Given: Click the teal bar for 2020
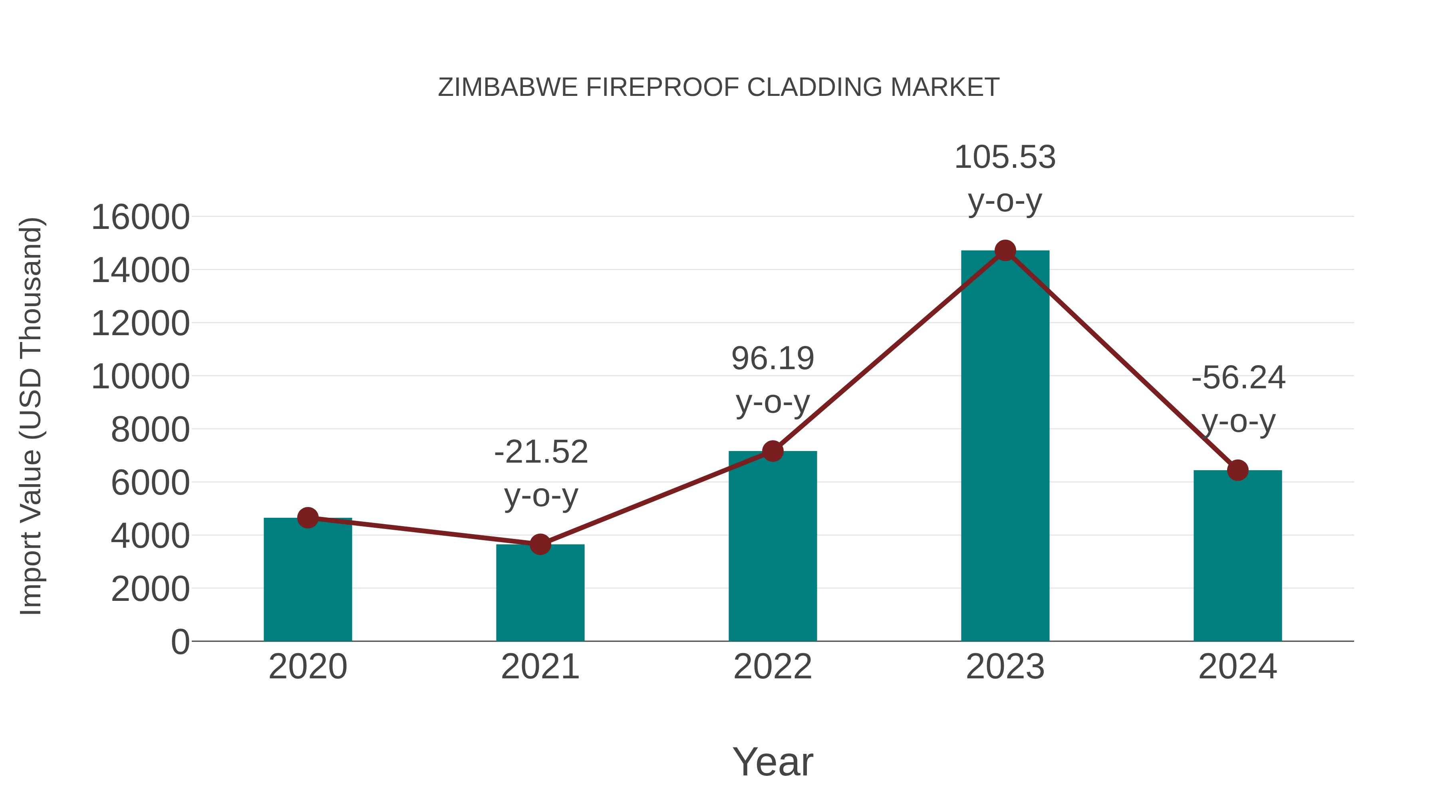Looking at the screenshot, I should (308, 580).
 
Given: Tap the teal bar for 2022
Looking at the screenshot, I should (773, 547).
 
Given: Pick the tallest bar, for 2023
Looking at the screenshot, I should (1005, 447).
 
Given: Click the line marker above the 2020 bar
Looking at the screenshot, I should (308, 518).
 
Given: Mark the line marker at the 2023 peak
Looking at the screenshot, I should (1005, 250).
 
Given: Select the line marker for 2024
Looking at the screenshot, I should (1237, 470).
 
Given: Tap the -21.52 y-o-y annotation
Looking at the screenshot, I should (541, 473).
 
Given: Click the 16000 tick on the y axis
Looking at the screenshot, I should (140, 217).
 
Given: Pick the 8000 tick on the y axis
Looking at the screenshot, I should (150, 430).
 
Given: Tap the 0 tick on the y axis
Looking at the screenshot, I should (180, 642).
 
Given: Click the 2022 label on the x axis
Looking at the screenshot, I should (773, 667).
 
